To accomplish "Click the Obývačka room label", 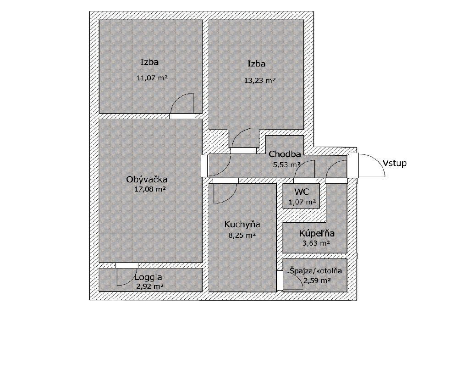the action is [x=147, y=180].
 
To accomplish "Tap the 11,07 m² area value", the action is [x=152, y=78].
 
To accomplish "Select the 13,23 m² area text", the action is [x=260, y=80].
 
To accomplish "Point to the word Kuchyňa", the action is [x=242, y=225].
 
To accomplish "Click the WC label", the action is [x=302, y=192].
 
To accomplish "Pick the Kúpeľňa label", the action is [x=317, y=234].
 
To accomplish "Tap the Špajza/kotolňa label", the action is [x=315, y=270].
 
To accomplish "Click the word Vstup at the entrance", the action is [x=395, y=163].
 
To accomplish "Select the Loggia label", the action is [x=148, y=277].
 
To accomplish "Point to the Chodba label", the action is [x=285, y=154].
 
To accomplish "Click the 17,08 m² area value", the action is [x=150, y=189].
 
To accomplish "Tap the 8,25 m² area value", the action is [x=242, y=236].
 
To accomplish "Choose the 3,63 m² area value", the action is [x=316, y=243].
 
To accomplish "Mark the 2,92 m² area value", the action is [x=150, y=286].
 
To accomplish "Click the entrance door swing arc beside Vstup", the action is [x=376, y=160].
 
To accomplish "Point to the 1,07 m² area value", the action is [x=302, y=202].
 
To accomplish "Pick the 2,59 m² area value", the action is [x=317, y=280].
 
